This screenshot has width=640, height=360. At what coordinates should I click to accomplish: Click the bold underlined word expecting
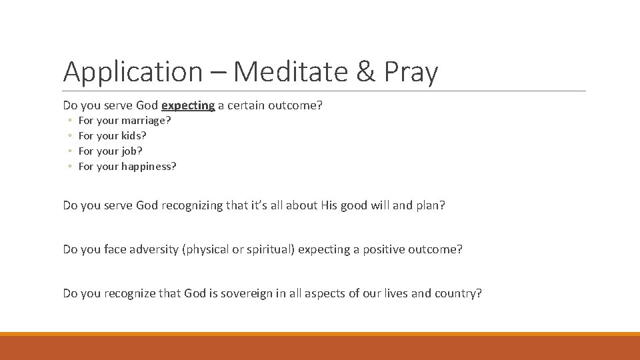click(x=188, y=105)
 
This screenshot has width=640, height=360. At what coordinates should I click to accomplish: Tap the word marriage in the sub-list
click(x=146, y=121)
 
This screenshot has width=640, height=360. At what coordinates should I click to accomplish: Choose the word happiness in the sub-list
click(x=149, y=167)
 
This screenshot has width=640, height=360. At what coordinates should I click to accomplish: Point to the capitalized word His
click(x=329, y=205)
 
